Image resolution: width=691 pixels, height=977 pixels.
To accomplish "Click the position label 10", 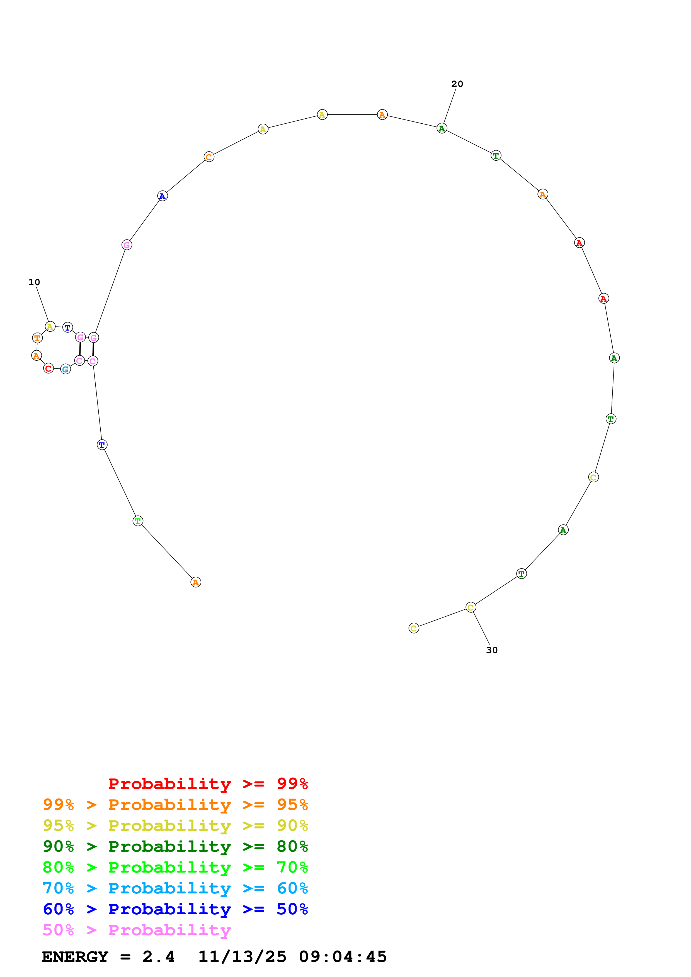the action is (34, 282).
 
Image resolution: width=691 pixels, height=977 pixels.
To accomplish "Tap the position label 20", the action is (457, 84).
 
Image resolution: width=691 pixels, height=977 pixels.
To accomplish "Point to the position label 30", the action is (492, 650).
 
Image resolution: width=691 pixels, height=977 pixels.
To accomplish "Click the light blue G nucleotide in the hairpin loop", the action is (65, 369).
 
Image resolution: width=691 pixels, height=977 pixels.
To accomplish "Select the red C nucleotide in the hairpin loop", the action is (49, 368).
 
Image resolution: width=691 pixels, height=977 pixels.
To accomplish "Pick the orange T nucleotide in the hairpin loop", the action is (37, 338).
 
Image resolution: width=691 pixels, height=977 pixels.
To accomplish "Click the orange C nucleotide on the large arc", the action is (208, 157).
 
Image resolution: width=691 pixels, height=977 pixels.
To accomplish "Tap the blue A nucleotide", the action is (162, 196).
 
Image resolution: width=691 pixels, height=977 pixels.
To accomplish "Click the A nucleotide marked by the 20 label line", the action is (442, 128).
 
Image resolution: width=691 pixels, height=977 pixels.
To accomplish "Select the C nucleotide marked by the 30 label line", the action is (471, 607).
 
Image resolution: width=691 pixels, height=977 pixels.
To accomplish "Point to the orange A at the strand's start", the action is (195, 582).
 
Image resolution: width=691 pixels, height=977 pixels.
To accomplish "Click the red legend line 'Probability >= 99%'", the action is (208, 783).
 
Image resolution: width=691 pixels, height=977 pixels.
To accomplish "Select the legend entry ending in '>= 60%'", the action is (175, 888).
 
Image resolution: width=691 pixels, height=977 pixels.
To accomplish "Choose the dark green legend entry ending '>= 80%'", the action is (175, 846).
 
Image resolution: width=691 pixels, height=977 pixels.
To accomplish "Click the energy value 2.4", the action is (158, 957).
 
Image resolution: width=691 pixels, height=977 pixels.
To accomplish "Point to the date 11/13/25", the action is (242, 957).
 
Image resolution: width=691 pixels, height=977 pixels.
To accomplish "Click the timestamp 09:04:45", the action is (343, 957).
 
